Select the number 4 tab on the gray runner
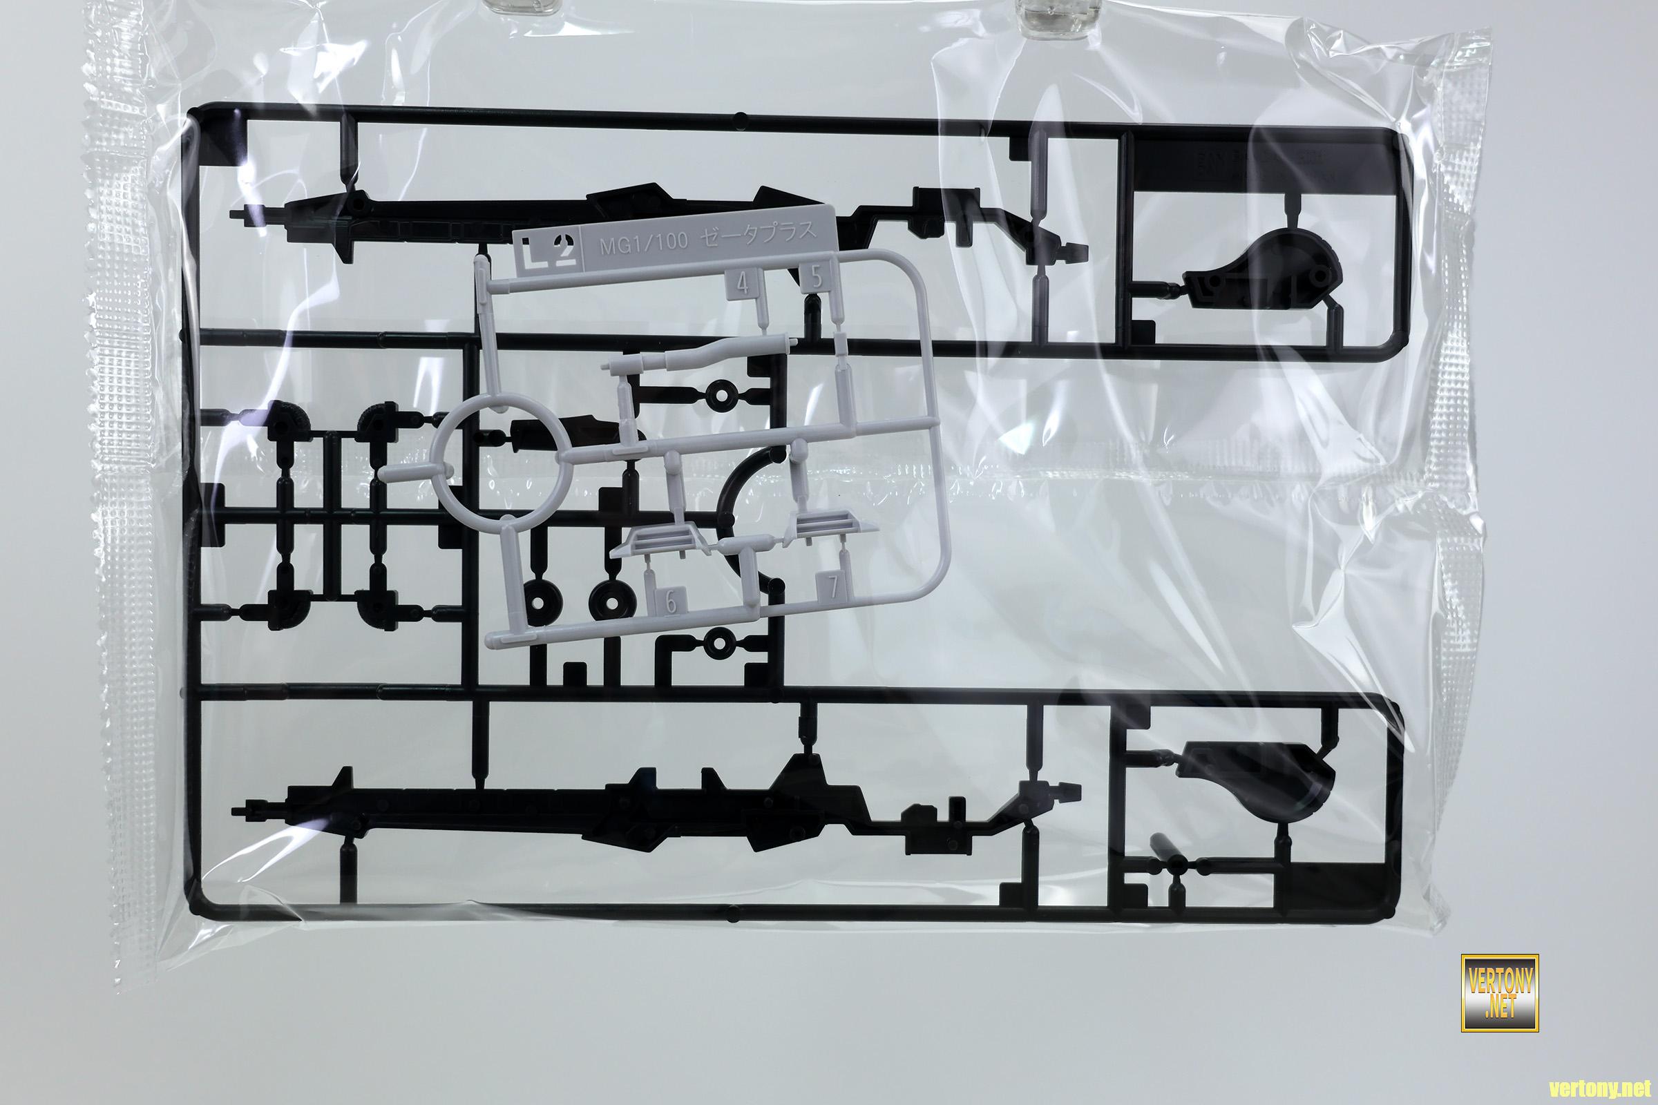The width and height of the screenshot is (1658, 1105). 741,285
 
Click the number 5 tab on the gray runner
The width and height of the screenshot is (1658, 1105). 817,278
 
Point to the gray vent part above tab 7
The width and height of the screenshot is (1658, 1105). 818,526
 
